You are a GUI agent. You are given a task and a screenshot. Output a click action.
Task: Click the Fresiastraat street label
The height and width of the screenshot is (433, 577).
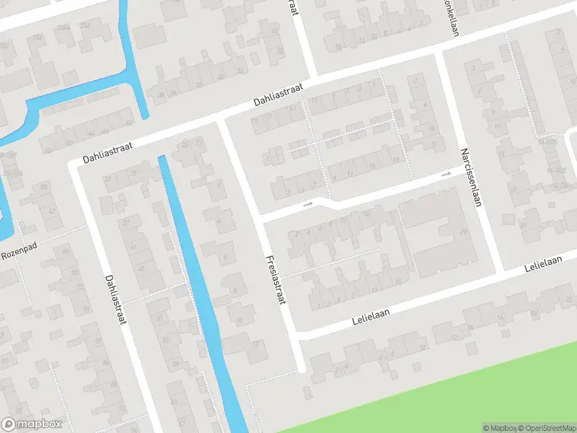point(276,280)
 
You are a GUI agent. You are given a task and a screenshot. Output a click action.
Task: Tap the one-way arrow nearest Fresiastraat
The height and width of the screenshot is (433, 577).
point(309,204)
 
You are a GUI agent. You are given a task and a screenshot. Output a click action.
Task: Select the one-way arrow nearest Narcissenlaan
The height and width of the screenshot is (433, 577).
point(446,174)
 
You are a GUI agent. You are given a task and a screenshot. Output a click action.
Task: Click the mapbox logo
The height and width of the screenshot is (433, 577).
point(31,424)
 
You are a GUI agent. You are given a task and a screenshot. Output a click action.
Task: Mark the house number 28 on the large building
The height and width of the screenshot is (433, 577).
point(462,232)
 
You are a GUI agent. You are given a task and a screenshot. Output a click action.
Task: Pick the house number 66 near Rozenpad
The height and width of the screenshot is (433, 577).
point(66,250)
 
